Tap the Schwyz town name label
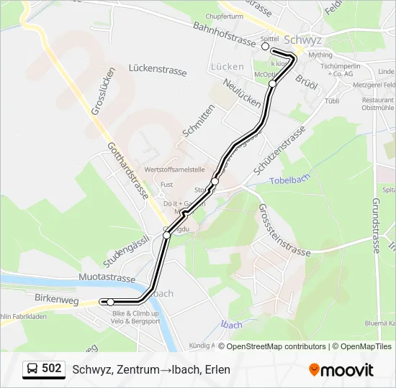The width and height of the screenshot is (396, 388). [x=304, y=40]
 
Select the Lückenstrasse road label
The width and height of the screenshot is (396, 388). [x=158, y=71]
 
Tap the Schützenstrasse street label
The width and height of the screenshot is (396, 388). [x=279, y=151]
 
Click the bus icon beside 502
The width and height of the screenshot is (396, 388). [x=32, y=369]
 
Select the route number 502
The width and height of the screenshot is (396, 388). [x=52, y=369]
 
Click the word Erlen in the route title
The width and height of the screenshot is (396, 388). [x=216, y=369]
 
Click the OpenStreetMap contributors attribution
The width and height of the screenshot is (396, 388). [x=276, y=346]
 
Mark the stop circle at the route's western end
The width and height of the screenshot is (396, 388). [x=110, y=302]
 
